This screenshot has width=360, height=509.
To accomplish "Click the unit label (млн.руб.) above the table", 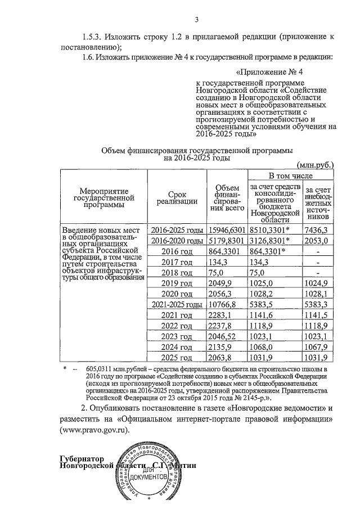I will click(316, 165).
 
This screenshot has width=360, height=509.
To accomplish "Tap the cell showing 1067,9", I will click(315, 347).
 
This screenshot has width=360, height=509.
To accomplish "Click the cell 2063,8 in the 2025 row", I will click(220, 358).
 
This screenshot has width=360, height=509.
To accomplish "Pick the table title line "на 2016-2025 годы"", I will click(197, 159).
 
